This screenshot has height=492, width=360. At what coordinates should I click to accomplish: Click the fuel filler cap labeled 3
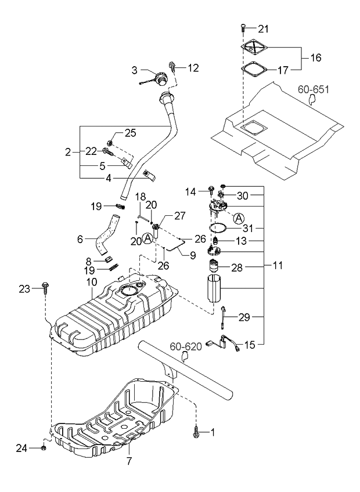pos(160,78)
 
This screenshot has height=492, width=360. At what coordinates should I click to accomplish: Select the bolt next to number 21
pos(243,28)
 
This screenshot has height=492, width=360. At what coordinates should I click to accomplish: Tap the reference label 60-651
pos(313,89)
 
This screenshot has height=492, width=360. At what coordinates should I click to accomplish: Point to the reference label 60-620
pos(185,347)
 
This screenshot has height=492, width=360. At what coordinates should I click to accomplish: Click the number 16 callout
pos(315,57)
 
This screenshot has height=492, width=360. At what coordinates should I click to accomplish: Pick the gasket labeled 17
pos(254,70)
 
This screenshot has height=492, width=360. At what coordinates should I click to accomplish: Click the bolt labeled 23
pos(44,287)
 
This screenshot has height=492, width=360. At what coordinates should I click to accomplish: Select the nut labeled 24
pos(44,447)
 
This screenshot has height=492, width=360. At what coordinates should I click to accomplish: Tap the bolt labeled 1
pos(196,432)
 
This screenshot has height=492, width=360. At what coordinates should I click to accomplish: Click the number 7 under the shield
pos(129,461)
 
